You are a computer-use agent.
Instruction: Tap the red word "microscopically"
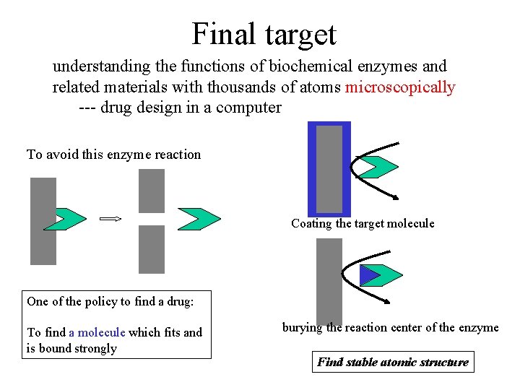pyautogui.click(x=400, y=87)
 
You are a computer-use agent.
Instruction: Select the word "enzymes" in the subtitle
pyautogui.click(x=387, y=66)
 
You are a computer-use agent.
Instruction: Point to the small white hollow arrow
pyautogui.click(x=110, y=219)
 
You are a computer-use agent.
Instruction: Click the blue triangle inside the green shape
pyautogui.click(x=370, y=275)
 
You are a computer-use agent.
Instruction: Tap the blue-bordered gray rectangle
pyautogui.click(x=329, y=169)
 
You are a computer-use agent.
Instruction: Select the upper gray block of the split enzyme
pyautogui.click(x=152, y=191)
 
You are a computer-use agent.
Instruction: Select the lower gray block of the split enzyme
pyautogui.click(x=152, y=249)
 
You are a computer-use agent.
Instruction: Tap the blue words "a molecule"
pyautogui.click(x=97, y=332)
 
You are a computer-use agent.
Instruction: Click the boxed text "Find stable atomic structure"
pyautogui.click(x=393, y=362)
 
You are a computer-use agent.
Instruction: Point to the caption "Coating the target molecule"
pyautogui.click(x=363, y=223)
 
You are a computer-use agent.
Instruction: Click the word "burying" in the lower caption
pyautogui.click(x=302, y=328)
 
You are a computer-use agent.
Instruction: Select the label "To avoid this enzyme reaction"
pyautogui.click(x=114, y=155)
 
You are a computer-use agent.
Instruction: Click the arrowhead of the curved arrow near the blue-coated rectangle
pyautogui.click(x=395, y=198)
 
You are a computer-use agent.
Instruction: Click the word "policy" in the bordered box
pyautogui.click(x=101, y=302)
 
